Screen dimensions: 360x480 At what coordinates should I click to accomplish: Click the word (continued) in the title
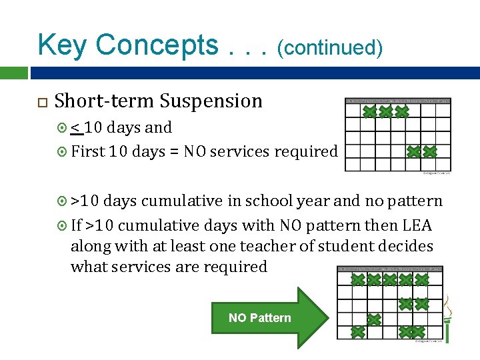coord(330,48)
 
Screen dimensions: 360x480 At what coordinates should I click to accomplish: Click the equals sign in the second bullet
coord(174,152)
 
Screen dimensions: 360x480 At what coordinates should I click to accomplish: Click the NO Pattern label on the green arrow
coord(259,318)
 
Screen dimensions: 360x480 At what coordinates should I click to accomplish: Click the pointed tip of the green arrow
coord(327,317)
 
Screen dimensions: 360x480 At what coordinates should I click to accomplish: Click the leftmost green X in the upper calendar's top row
coord(369,111)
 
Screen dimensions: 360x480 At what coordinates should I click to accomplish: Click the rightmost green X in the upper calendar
coord(430,152)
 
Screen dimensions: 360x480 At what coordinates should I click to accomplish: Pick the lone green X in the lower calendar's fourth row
coord(374,319)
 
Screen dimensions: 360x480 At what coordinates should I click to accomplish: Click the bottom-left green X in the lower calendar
coord(358,331)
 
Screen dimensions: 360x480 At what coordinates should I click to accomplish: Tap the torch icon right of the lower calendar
coord(448,319)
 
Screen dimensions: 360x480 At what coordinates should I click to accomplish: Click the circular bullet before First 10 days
coord(63,153)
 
